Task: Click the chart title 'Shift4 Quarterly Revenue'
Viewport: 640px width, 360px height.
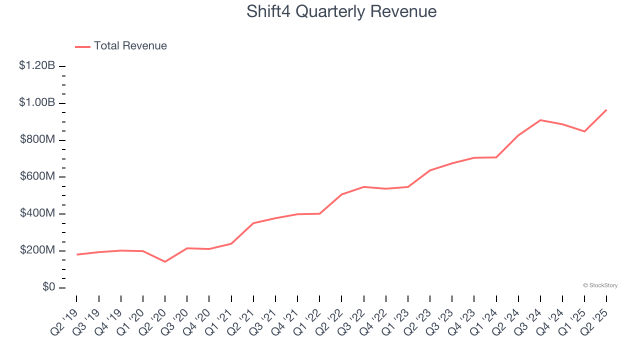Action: tap(341, 11)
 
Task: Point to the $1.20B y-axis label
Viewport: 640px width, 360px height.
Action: tap(37, 65)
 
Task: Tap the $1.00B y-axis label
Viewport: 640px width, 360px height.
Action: tap(37, 102)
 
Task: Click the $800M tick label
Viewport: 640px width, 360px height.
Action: tap(37, 139)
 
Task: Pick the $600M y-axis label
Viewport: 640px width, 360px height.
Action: tap(37, 176)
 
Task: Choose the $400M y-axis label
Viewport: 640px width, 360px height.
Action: tap(37, 213)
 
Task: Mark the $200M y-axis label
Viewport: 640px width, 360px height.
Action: tap(37, 250)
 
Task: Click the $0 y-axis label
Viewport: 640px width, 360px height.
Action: tap(48, 287)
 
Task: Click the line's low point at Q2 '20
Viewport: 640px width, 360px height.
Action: tap(165, 261)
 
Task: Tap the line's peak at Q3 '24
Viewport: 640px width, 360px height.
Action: tap(540, 120)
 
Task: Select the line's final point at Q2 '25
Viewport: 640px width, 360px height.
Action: tap(606, 110)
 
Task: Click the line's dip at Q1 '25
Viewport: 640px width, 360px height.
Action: tap(584, 131)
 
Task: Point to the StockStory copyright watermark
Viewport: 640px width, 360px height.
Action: tap(600, 285)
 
